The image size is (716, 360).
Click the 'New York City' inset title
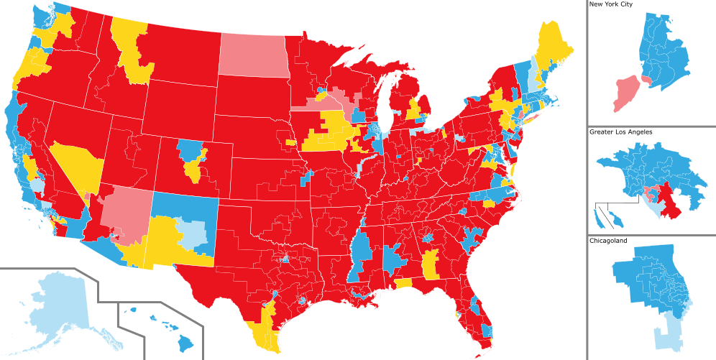pyautogui.click(x=612, y=4)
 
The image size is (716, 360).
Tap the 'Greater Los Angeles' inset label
pyautogui.click(x=620, y=132)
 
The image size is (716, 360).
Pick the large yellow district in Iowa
pyautogui.click(x=327, y=134)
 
